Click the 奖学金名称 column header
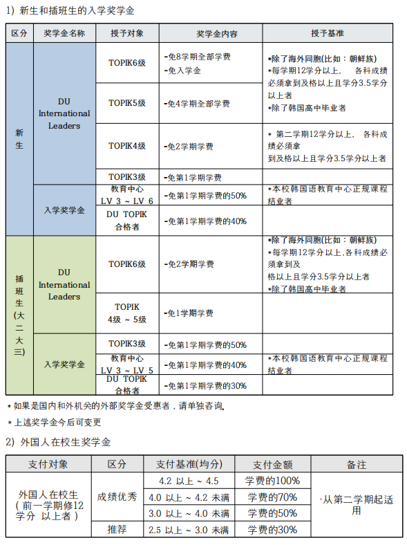tap(64, 33)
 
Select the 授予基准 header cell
tap(327, 33)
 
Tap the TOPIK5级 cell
tap(127, 102)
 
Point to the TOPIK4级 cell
tap(127, 145)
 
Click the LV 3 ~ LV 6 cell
tap(127, 194)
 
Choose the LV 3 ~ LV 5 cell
tap(127, 364)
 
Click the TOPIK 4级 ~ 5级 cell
tap(127, 312)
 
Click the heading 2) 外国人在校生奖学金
tap(58, 441)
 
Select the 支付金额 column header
tap(272, 465)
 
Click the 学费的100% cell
tap(272, 481)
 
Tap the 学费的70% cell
tap(272, 497)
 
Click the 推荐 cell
tap(117, 530)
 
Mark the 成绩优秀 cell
tap(117, 497)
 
